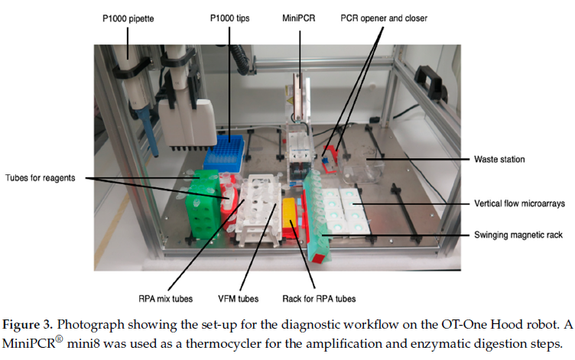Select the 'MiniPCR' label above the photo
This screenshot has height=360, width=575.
(x=300, y=18)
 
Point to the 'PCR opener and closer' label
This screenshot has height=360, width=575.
(x=383, y=18)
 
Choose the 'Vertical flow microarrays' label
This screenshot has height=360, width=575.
(x=519, y=206)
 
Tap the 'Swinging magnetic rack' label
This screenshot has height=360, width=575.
(x=518, y=235)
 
